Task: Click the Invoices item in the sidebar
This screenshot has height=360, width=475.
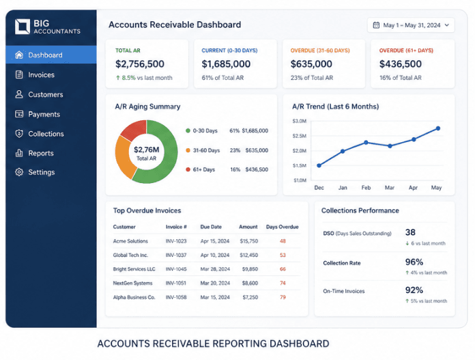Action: pyautogui.click(x=41, y=74)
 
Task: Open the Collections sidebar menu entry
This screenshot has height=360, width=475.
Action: pyautogui.click(x=46, y=134)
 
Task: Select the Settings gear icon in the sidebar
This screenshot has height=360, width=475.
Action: pyautogui.click(x=19, y=172)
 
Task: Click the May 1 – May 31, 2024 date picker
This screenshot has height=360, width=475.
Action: pyautogui.click(x=411, y=25)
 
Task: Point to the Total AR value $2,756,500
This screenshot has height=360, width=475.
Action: pyautogui.click(x=139, y=64)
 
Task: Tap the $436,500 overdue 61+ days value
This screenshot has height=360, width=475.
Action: pyautogui.click(x=400, y=64)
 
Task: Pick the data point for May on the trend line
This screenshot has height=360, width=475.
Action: pyautogui.click(x=437, y=128)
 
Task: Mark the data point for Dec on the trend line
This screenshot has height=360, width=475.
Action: pyautogui.click(x=319, y=165)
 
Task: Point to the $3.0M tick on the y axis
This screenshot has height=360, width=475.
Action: pyautogui.click(x=300, y=121)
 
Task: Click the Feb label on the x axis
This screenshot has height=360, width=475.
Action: pyautogui.click(x=366, y=187)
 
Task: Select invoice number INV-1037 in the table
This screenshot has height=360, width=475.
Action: pyautogui.click(x=175, y=255)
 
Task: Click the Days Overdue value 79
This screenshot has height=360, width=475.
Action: pyautogui.click(x=283, y=297)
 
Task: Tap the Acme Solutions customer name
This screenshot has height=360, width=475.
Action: pyautogui.click(x=130, y=241)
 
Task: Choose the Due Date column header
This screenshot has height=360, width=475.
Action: pyautogui.click(x=211, y=227)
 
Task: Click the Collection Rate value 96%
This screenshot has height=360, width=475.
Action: pyautogui.click(x=414, y=262)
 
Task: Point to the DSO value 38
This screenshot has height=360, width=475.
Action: pyautogui.click(x=410, y=232)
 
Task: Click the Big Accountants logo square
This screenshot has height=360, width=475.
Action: pyautogui.click(x=23, y=27)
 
